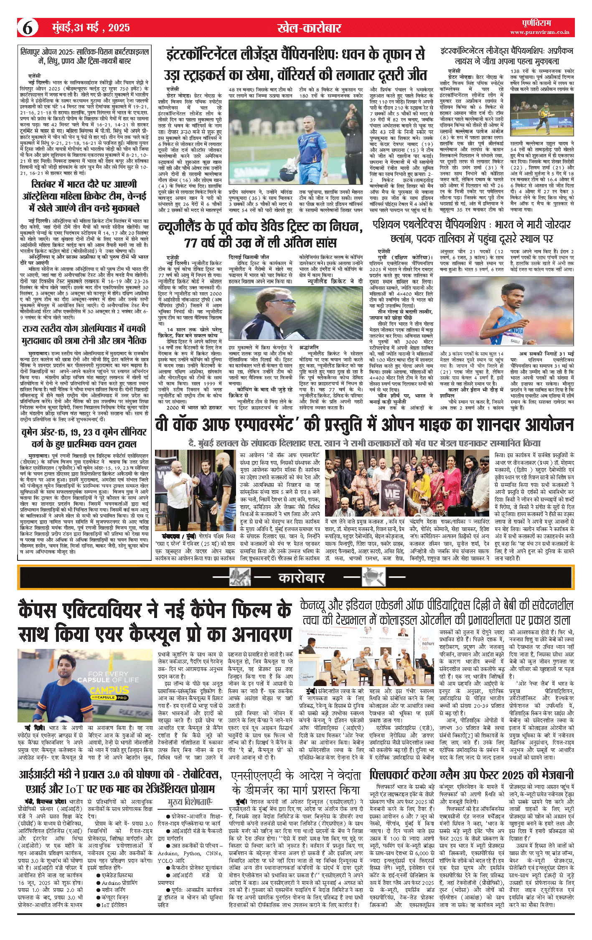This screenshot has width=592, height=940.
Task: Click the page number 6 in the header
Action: [28, 28]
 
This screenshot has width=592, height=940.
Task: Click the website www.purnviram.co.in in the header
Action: [539, 32]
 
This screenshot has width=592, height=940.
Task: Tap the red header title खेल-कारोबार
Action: [309, 28]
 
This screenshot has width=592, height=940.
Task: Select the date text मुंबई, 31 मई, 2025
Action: [91, 28]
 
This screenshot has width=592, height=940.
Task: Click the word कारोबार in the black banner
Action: [301, 578]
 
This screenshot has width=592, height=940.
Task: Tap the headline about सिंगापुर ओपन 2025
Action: [84, 56]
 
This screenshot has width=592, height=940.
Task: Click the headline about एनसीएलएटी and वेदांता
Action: [296, 783]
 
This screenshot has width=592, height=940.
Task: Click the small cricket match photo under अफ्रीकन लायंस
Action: [542, 115]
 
